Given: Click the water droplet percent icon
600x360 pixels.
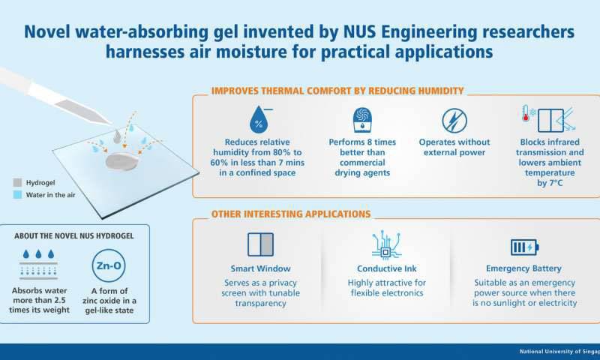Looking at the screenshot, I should pos(259,120).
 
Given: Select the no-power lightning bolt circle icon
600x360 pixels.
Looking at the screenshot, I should pos(454,120).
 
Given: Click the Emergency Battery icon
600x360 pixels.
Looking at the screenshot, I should pos(524,247).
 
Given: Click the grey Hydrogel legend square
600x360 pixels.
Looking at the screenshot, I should pos(17,182).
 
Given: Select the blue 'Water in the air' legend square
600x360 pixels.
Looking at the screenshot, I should pos(17,196).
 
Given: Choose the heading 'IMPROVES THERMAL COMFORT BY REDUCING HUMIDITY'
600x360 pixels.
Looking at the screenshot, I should pos(337,91).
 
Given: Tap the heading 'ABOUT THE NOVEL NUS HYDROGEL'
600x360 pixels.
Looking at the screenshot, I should pos(73,235).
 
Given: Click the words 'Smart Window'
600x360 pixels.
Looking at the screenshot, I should pos(261,268).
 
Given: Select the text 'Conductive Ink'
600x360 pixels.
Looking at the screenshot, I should pos(386,268).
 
